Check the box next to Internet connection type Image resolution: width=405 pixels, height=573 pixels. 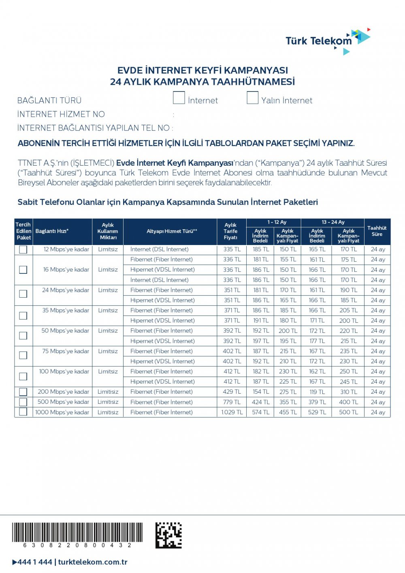pos(179,98)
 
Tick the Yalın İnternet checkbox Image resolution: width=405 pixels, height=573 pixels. pos(252,98)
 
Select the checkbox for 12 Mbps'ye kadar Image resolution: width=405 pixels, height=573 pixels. pos(23,249)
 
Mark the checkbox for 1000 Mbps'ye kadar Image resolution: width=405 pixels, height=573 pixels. pos(23,412)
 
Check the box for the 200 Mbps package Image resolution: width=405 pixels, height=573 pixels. pos(23,392)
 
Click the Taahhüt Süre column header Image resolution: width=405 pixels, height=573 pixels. pos(377,231)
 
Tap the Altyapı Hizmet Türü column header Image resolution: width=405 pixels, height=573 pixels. pos(172,231)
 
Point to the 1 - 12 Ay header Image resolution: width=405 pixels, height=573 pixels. pos(277,222)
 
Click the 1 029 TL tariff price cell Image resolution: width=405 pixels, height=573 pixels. pos(232,412)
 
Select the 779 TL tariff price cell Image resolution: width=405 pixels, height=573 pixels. pos(232,402)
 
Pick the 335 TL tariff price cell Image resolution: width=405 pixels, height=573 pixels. pos(232,249)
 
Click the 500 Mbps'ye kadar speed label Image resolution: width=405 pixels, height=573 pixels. pos(63,402)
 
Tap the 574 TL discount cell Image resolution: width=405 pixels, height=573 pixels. pos(260,412)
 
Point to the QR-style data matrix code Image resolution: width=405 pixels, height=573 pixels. pos(168,535)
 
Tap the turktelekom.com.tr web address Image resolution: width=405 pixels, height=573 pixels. pos(93,562)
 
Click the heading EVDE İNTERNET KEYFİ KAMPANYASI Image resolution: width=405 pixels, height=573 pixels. pos(202,70)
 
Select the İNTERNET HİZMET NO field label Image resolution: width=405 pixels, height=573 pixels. pos(61,114)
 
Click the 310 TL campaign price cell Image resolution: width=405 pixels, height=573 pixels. pos(348,392)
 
